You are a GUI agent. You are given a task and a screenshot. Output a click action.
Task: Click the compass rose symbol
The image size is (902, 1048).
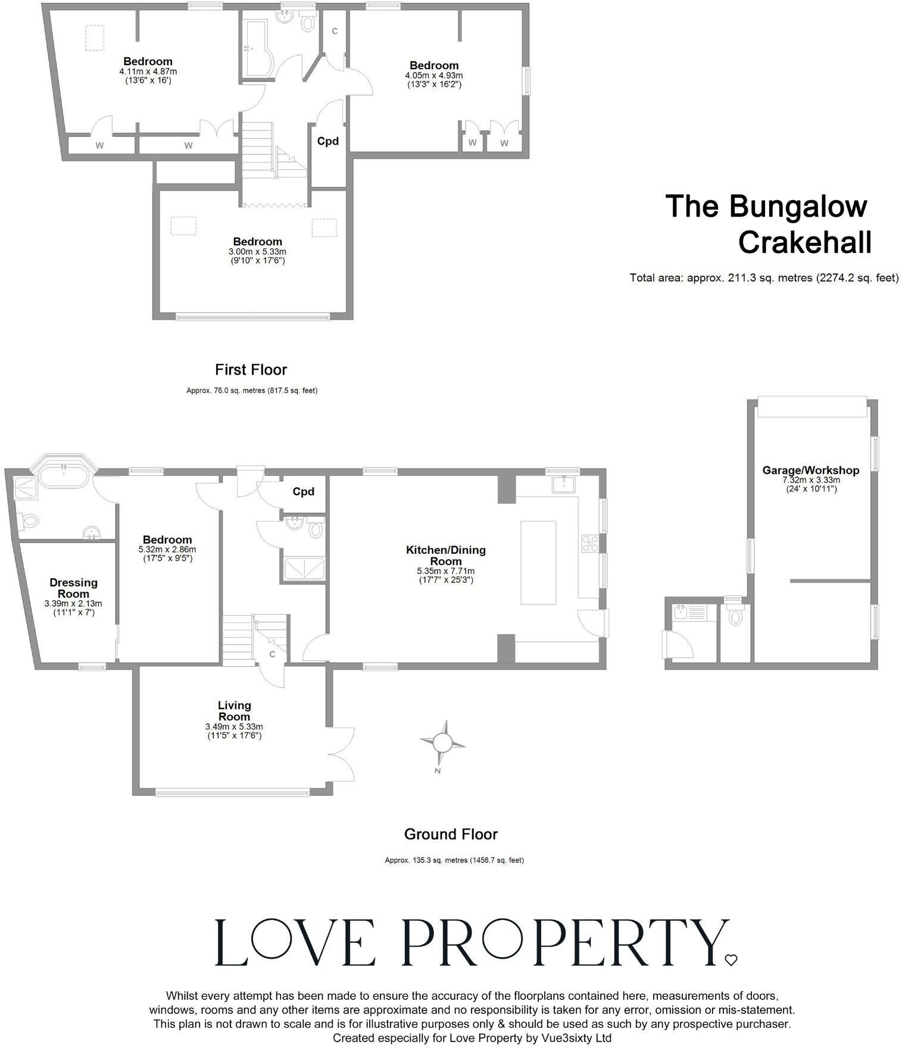[x=442, y=743]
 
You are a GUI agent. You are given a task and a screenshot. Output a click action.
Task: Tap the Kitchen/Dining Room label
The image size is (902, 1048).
[x=445, y=556]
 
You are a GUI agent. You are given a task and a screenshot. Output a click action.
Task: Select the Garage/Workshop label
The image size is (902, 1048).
[x=810, y=470]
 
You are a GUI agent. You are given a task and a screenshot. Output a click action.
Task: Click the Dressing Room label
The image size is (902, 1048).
[x=73, y=588]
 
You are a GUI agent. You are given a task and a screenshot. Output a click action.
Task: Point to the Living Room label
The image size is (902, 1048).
[x=234, y=711]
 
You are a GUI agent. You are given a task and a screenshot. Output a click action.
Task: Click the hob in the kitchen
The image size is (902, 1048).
[x=589, y=542]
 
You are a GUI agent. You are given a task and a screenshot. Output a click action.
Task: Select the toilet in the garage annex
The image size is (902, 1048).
[x=735, y=616]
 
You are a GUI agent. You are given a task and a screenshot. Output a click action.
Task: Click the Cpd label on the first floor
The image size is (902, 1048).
[x=327, y=141]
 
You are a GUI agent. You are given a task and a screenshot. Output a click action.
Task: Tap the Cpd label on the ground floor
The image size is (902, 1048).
[x=303, y=492]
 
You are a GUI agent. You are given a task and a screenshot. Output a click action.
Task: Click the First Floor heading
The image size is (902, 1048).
[x=251, y=370]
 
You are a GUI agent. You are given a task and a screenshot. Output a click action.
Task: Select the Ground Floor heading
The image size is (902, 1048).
[x=450, y=834]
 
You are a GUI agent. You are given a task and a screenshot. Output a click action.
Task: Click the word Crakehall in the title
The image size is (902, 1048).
[x=804, y=242]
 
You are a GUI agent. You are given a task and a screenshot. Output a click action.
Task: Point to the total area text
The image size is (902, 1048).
[x=764, y=277]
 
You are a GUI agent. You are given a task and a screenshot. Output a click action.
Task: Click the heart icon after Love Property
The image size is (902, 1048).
[x=731, y=959]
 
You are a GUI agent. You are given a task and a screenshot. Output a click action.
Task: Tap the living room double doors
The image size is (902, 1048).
[x=341, y=753]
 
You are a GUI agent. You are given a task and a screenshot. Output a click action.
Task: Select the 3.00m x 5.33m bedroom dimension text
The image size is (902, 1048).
[x=257, y=252]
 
